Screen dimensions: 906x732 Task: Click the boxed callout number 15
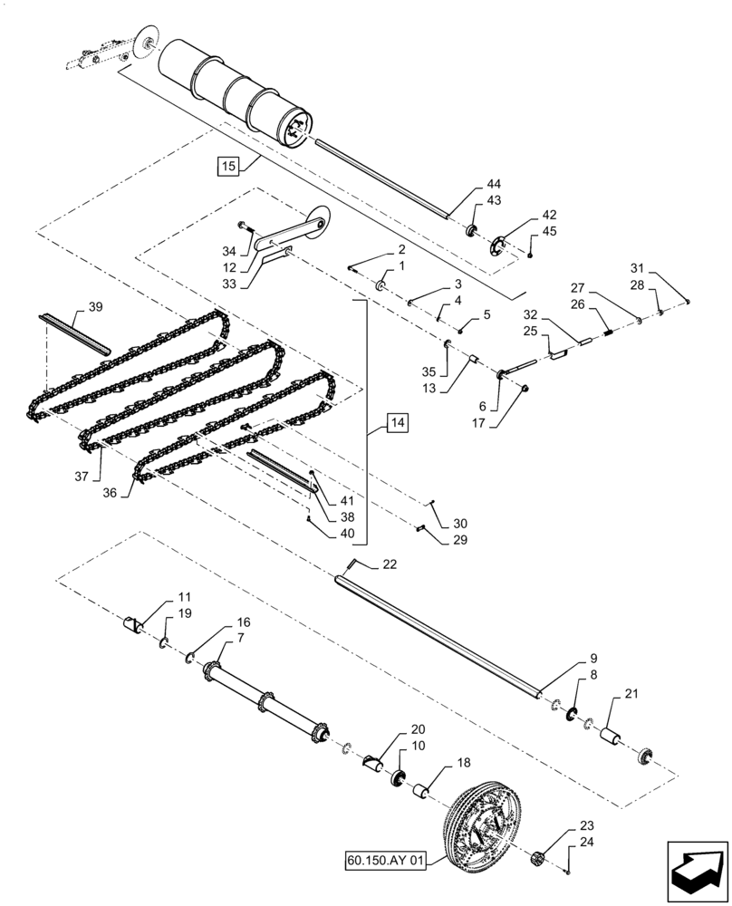click(227, 166)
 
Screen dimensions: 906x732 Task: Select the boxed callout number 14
click(398, 422)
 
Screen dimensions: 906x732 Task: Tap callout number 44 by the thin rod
click(494, 184)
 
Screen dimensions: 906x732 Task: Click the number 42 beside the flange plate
click(550, 215)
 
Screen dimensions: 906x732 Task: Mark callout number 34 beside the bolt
click(229, 250)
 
